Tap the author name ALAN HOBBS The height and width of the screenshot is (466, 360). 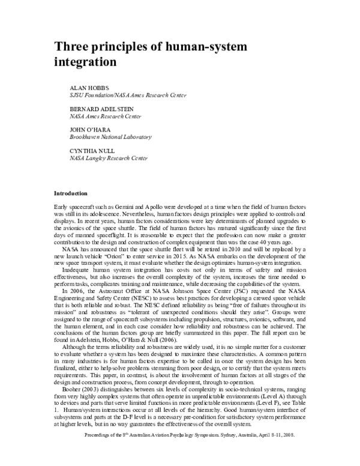pos(88,88)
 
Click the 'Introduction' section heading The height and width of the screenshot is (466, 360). pos(71,193)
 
